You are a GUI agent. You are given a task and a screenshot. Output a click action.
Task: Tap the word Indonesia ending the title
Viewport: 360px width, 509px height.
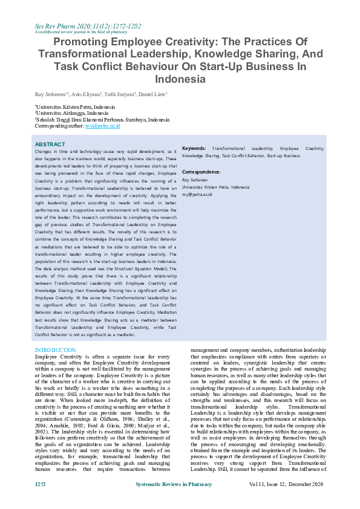point(180,79)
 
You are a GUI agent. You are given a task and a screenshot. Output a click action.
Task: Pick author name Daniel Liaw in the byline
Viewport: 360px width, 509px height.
point(153,94)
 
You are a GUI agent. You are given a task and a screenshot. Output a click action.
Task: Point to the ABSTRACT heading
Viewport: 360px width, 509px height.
point(50,144)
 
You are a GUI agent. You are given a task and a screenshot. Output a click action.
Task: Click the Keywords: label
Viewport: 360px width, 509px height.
point(194,148)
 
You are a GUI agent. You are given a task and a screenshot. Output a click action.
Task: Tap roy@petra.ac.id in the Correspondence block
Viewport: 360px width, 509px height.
point(197,195)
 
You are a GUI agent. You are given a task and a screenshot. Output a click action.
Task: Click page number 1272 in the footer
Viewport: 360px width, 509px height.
point(41,486)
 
